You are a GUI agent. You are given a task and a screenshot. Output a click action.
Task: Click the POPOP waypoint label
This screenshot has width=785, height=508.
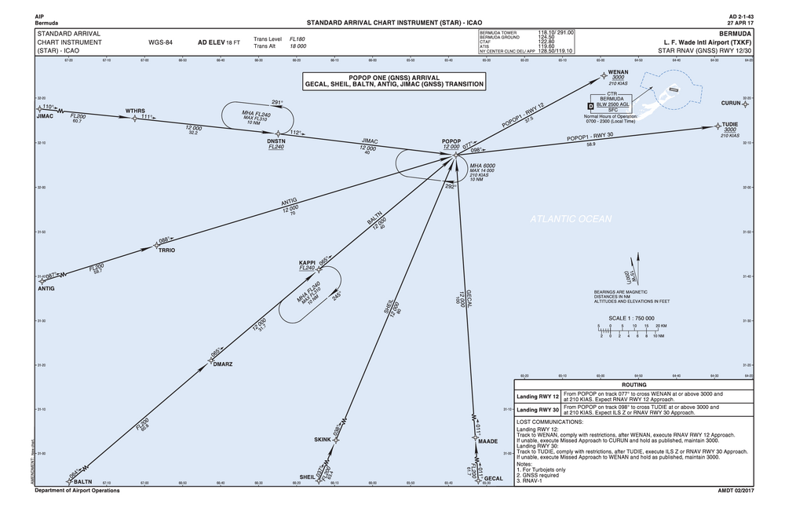451,141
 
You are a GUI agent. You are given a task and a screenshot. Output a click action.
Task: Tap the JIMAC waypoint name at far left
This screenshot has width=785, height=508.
46,116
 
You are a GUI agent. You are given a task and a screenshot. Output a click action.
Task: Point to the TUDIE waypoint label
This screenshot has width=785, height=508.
730,124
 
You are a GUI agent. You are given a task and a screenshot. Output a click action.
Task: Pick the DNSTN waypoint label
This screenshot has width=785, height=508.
276,141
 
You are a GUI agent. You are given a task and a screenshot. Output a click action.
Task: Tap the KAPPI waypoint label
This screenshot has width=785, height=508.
307,261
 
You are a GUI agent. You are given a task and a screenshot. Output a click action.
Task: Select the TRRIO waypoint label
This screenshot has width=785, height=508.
166,250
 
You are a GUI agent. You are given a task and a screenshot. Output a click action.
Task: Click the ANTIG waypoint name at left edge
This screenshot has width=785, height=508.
46,288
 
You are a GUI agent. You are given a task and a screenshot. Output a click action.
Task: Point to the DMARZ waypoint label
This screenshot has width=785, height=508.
223,364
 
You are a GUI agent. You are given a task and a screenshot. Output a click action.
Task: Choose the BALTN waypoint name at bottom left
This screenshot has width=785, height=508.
83,481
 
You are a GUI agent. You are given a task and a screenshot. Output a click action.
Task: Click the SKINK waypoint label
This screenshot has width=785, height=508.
323,438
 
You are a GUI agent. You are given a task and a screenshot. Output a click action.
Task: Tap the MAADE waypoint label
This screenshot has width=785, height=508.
487,441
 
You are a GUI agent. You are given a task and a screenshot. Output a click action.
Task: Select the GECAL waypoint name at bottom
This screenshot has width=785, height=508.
493,478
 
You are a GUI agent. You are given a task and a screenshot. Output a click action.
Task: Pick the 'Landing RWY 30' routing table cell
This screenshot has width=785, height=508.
538,410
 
